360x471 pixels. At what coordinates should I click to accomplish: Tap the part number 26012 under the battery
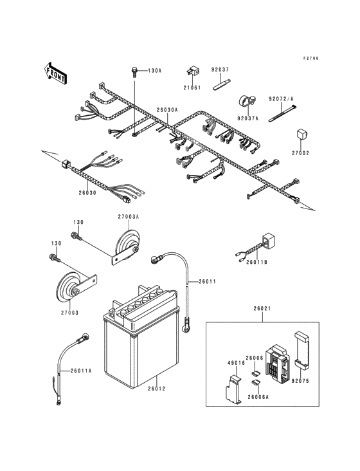pyautogui.click(x=157, y=389)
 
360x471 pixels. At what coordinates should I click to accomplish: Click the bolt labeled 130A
pyautogui.click(x=134, y=73)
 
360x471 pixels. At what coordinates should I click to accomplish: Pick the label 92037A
pyautogui.click(x=248, y=118)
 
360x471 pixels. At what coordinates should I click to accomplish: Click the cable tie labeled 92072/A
pyautogui.click(x=282, y=113)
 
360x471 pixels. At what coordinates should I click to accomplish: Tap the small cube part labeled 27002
pyautogui.click(x=301, y=134)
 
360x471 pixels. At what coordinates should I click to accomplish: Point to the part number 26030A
pyautogui.click(x=167, y=110)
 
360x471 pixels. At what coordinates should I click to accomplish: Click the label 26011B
pyautogui.click(x=256, y=262)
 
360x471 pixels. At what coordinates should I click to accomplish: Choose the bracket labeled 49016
pyautogui.click(x=234, y=389)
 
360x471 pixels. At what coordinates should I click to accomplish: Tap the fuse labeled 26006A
pyautogui.click(x=256, y=383)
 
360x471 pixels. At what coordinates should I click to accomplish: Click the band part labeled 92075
pyautogui.click(x=301, y=351)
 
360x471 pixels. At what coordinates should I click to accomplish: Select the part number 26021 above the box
pyautogui.click(x=262, y=308)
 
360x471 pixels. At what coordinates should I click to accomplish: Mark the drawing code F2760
pyautogui.click(x=310, y=59)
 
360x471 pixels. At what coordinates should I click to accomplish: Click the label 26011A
pyautogui.click(x=81, y=371)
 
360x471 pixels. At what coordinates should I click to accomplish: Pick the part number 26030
pyautogui.click(x=87, y=192)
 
